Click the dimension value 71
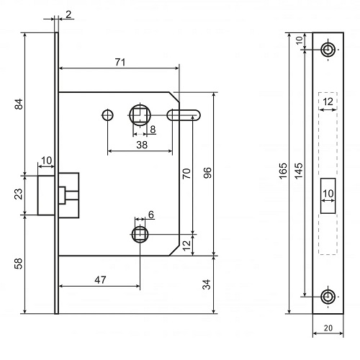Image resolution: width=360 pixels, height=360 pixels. pos(120,63)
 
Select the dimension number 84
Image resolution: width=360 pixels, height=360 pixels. pos(19,104)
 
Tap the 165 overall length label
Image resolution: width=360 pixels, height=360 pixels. pos(283,171)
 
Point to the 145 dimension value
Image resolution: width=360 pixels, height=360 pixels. pos(299,171)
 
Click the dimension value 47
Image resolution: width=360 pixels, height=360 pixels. pos(100,280)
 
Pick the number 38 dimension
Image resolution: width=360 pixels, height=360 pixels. pos(142,145)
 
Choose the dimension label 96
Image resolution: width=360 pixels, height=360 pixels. pos(207,173)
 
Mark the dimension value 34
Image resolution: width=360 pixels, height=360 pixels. pos(207,284)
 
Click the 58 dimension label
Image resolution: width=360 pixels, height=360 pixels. pos(19,264)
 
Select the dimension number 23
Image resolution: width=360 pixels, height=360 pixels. pos(19,194)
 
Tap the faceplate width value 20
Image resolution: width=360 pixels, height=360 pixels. pos(328,328)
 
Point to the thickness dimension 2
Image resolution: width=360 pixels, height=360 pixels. pos(68,14)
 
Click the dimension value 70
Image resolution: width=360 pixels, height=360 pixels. pos(186,174)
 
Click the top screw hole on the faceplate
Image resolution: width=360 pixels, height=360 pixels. pos(328,50)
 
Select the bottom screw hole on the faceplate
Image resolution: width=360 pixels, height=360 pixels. pos(328,297)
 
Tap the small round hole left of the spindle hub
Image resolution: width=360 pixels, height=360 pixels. pos(107,115)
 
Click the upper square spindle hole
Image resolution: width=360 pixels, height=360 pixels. pos(140,115)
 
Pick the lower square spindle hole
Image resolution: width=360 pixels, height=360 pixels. pos(140,234)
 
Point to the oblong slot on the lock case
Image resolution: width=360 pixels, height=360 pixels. pos(184,115)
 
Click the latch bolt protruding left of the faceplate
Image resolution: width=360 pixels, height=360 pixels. pos(46,195)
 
